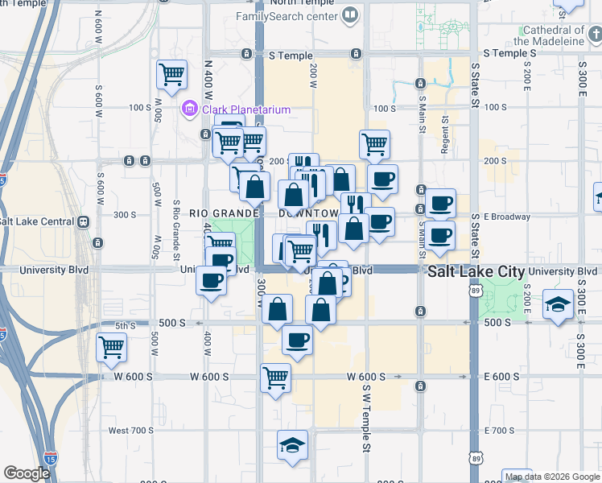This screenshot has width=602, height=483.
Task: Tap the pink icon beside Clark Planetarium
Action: (x=190, y=108)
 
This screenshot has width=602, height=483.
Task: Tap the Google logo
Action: (x=27, y=473)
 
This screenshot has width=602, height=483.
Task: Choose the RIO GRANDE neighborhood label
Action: (x=223, y=213)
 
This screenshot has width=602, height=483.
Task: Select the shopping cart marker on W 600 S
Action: (x=275, y=377)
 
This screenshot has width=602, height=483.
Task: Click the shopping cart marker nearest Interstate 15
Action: (x=111, y=348)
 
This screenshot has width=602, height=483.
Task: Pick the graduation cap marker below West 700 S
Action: (x=292, y=445)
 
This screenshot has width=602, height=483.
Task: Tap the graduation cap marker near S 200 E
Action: (x=558, y=306)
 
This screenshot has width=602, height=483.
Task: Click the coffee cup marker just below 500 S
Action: (x=297, y=341)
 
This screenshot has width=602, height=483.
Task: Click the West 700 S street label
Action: (x=131, y=431)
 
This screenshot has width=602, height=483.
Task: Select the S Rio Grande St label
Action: (x=176, y=233)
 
